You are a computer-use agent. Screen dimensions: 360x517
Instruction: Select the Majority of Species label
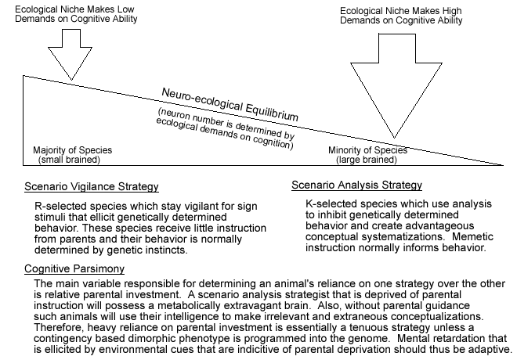(72, 149)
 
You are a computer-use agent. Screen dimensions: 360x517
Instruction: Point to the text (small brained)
(71, 160)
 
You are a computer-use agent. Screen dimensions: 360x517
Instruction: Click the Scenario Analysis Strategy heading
(356, 185)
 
